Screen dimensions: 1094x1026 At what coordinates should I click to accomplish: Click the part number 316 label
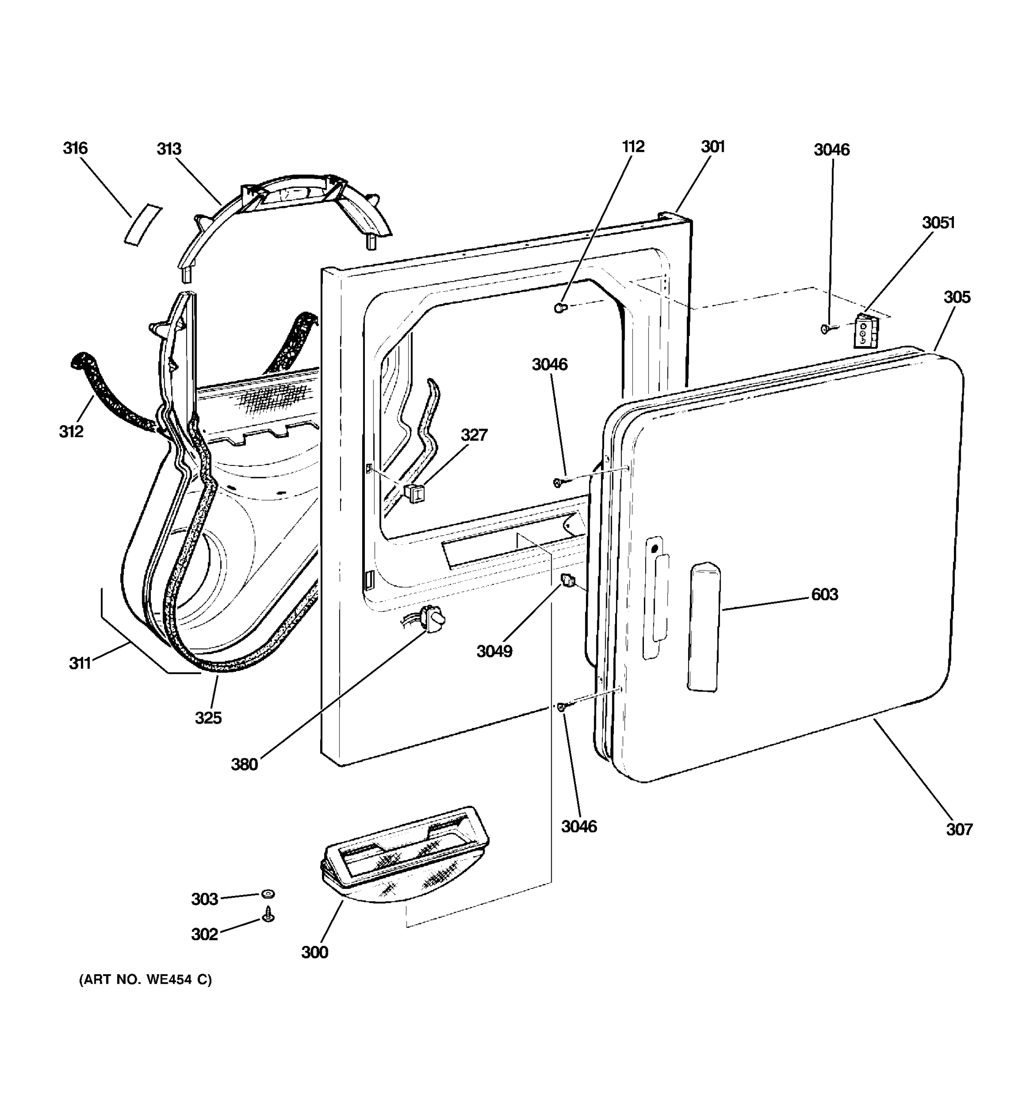click(75, 148)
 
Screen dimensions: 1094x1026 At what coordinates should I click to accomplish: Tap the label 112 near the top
click(633, 146)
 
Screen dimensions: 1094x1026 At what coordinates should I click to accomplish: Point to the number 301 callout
click(713, 146)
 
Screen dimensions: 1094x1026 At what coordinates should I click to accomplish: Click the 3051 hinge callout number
click(938, 222)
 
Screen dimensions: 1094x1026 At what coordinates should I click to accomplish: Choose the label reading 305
click(957, 297)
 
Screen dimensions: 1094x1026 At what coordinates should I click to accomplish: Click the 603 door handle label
click(824, 594)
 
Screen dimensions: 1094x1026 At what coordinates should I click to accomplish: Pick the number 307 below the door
click(959, 829)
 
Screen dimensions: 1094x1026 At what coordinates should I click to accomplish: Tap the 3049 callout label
click(494, 651)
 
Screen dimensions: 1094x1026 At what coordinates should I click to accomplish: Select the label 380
click(244, 764)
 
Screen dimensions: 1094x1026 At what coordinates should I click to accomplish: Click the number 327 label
click(474, 435)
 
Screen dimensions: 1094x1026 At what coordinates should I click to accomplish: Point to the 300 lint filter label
click(315, 953)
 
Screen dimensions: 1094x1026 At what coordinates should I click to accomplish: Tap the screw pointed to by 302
click(269, 914)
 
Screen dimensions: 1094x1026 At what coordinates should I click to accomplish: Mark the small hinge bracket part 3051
click(865, 331)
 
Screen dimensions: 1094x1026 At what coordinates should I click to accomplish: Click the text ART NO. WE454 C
click(145, 995)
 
